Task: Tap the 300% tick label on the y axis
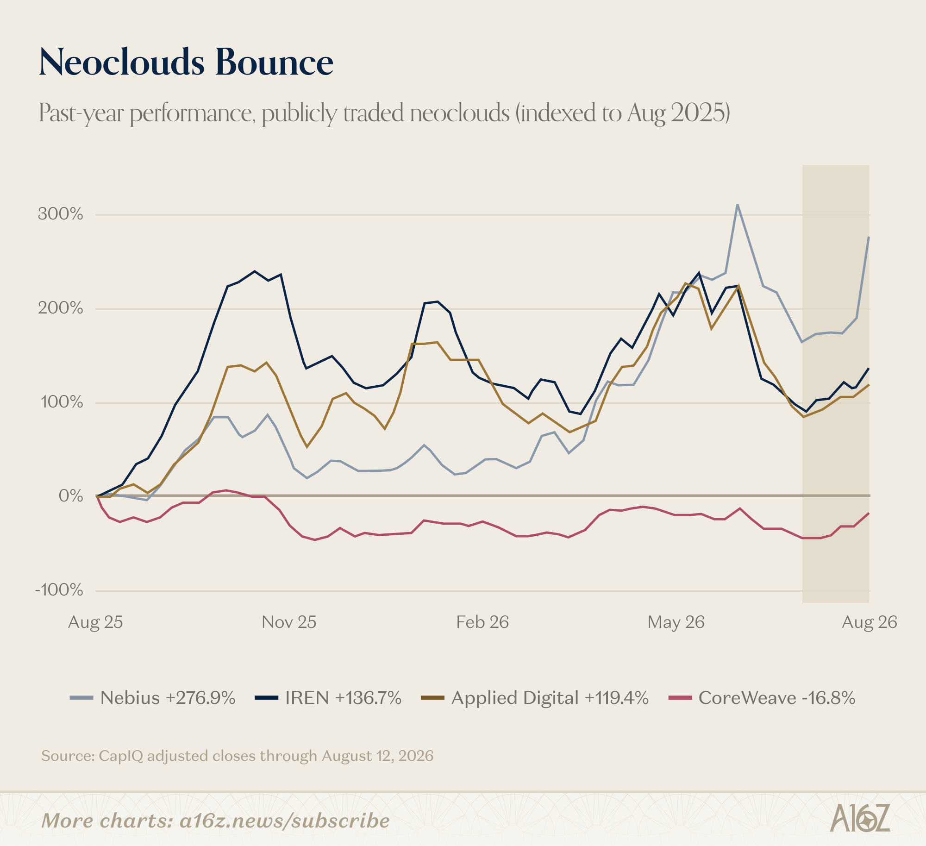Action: (x=61, y=214)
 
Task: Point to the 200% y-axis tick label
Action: (x=61, y=308)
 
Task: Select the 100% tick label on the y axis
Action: (x=62, y=402)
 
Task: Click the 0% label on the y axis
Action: (x=71, y=496)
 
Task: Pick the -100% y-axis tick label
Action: (x=59, y=590)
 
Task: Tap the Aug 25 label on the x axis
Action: (x=95, y=622)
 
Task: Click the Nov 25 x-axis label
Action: (x=289, y=622)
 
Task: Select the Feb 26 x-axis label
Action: (x=482, y=622)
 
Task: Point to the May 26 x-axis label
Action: (x=676, y=622)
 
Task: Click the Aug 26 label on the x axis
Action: (x=870, y=622)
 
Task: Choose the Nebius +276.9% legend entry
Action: (x=153, y=698)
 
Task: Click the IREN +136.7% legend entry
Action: (x=328, y=698)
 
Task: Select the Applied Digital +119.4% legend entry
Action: (x=535, y=698)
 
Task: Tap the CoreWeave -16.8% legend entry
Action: (x=762, y=698)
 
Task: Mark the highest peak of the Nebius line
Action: (x=737, y=204)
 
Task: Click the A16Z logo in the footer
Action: (x=860, y=817)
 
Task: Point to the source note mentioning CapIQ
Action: (x=238, y=756)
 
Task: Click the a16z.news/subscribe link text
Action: (x=285, y=821)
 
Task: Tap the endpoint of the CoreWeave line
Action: (x=869, y=513)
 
